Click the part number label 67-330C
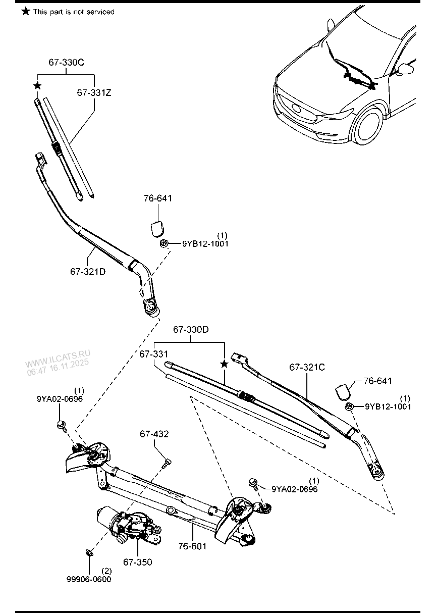click(x=66, y=63)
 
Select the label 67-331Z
click(x=94, y=93)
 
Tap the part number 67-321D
click(x=88, y=272)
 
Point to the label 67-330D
click(x=191, y=330)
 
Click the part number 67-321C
click(x=307, y=368)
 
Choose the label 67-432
click(x=154, y=434)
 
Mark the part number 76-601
click(x=192, y=546)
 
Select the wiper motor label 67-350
click(x=137, y=562)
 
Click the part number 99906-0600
click(x=89, y=579)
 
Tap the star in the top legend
click(x=26, y=11)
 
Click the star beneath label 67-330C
click(x=37, y=86)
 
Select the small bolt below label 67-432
click(x=167, y=462)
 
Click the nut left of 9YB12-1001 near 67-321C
click(x=349, y=407)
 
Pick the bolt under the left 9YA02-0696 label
click(x=62, y=425)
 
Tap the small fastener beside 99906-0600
click(x=88, y=552)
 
